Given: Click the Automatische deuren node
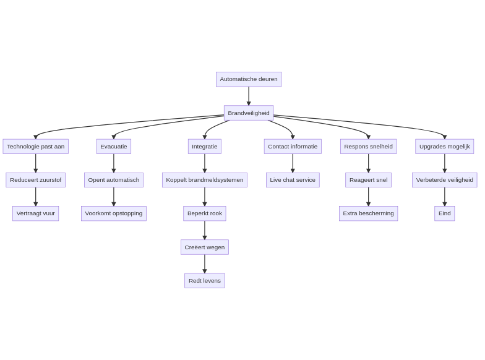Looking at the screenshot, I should coord(249,79).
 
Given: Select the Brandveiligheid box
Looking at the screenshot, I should coord(249,113).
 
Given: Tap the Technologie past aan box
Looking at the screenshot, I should coord(35,147).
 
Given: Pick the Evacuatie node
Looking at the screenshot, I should coord(114,147).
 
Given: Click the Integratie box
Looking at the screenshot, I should coord(205,147).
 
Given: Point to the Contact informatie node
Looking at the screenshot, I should coord(293,147).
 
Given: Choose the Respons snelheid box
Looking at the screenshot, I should coord(368,147).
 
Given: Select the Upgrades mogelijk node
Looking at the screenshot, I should coord(445,147).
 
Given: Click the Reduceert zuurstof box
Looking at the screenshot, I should coord(35,180).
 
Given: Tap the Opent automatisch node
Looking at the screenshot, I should coord(114,180).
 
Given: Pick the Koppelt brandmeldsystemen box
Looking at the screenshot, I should coord(205,180).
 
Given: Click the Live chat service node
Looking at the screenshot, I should coord(293,180).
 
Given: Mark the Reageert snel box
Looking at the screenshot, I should coord(368,180).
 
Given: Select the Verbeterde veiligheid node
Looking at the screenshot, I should coord(445,180).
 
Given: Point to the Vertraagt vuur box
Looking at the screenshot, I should coord(35,213).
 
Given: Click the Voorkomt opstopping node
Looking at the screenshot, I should coord(114,213).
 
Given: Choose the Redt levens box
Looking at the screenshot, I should coord(205,281).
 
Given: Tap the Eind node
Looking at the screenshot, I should coord(445,213).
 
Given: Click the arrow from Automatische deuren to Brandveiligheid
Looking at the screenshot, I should coord(249,96).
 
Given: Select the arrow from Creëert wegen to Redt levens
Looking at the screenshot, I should coord(205,264).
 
